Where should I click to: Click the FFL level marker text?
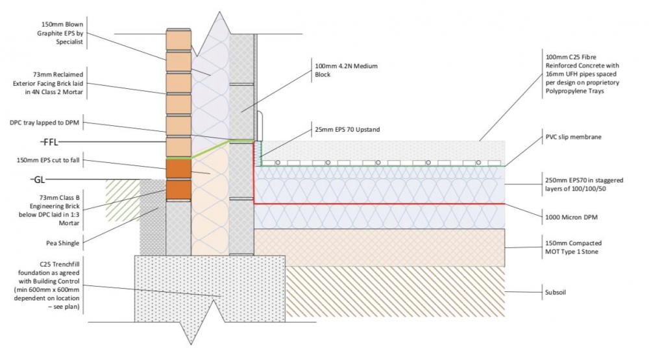(51, 142)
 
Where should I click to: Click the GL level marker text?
(40, 180)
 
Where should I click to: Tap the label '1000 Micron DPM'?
(571, 217)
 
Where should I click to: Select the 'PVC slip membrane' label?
(573, 137)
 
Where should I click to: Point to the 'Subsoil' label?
(556, 292)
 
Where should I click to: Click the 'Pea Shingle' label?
(62, 243)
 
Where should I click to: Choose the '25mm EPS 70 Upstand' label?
(347, 130)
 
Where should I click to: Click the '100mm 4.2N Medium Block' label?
(346, 70)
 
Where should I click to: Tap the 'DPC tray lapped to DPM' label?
(44, 123)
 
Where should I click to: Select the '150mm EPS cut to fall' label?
(48, 160)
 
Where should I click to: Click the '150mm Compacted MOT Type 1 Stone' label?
(573, 247)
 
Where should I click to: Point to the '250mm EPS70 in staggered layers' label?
(584, 185)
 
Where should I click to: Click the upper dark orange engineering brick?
(178, 169)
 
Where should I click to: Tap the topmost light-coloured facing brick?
(179, 40)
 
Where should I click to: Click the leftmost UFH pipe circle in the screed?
(278, 163)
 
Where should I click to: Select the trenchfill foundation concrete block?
(210, 289)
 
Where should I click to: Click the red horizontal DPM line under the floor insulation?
(379, 204)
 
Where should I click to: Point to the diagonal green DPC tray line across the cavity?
(210, 149)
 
